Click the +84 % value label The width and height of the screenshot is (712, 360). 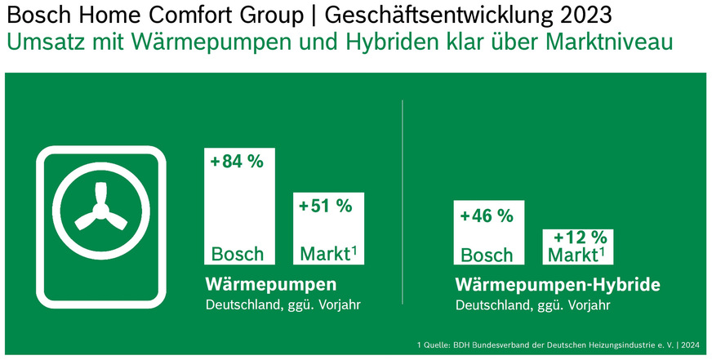237,162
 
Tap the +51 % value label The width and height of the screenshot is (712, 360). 325,206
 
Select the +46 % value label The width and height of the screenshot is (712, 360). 487,216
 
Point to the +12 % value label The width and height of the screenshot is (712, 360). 580,238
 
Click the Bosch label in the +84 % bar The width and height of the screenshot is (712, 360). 238,253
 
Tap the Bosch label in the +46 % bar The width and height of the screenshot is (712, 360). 487,255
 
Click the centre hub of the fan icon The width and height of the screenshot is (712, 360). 101,211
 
